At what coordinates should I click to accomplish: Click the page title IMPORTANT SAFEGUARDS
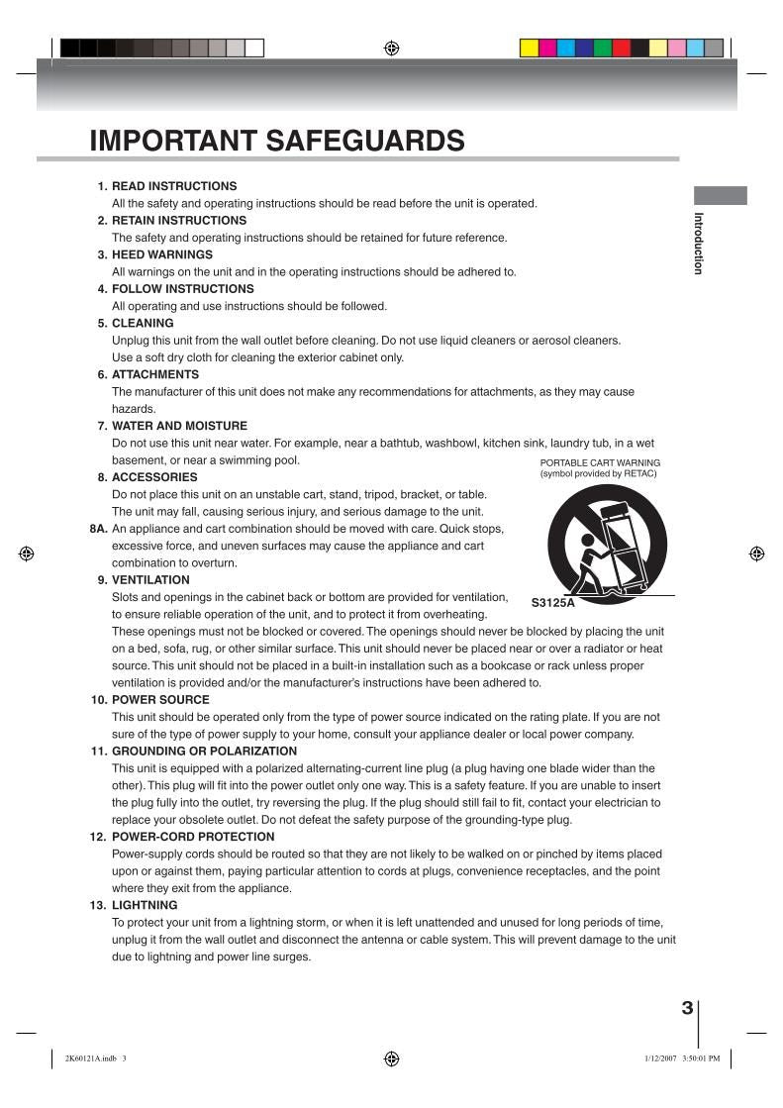point(277,141)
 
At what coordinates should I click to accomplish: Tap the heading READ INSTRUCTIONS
point(174,186)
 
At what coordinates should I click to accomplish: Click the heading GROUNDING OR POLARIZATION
point(204,751)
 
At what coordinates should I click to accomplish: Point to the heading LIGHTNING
point(145,905)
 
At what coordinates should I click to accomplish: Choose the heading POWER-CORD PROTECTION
point(193,837)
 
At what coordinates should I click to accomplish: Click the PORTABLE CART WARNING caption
point(600,462)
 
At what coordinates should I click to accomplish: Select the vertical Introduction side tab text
point(698,243)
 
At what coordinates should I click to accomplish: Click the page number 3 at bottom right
point(687,1008)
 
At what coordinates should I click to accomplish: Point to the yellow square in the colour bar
point(529,48)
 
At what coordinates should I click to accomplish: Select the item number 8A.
point(98,529)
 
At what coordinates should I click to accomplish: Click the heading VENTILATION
point(150,580)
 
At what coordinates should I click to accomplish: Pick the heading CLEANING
point(143,323)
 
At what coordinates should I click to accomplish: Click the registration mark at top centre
point(392,48)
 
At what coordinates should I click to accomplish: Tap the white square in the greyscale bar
point(254,48)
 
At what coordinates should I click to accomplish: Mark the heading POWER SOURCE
point(160,700)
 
